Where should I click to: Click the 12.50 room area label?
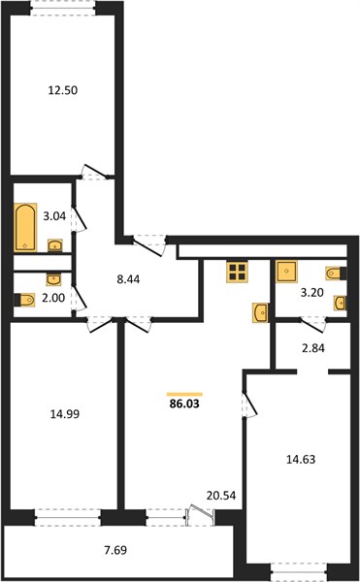63,90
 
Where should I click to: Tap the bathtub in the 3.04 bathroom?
25,228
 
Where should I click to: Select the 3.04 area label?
54,216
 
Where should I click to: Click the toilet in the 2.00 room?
24,300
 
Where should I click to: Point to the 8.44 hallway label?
128,279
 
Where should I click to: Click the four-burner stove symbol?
238,273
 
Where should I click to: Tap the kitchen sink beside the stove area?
260,312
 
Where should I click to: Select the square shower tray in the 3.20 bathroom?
286,272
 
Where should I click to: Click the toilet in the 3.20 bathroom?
336,274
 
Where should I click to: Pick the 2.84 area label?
313,348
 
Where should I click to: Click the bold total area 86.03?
184,404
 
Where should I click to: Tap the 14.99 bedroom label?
65,414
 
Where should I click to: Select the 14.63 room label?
301,460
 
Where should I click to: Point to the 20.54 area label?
221,495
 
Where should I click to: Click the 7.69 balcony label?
115,550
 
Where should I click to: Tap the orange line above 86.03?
184,394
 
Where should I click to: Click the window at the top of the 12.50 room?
63,8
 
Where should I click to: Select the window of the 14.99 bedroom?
68,517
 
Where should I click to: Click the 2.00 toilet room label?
53,298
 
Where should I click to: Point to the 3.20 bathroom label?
311,293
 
